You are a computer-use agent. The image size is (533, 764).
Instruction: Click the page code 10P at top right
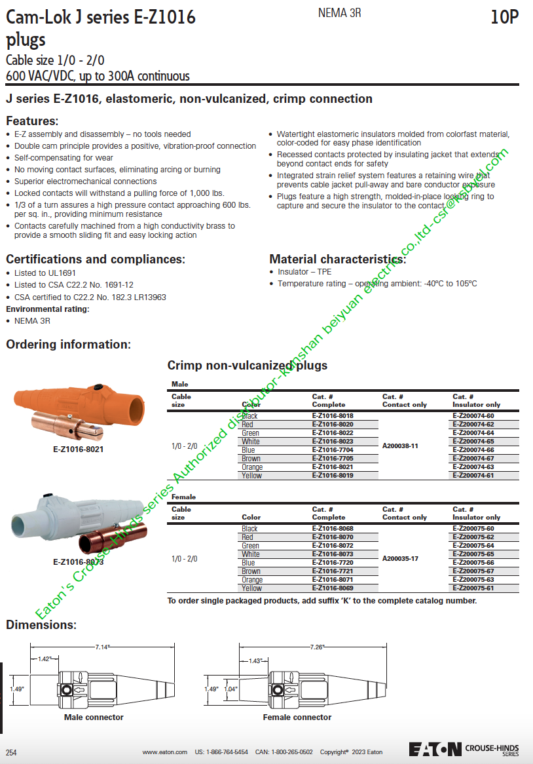pyautogui.click(x=504, y=18)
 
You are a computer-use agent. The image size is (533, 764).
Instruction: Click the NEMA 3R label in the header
pyautogui.click(x=339, y=12)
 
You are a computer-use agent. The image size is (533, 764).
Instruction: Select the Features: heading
pyautogui.click(x=32, y=121)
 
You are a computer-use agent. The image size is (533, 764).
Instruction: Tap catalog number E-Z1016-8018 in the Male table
pyautogui.click(x=333, y=416)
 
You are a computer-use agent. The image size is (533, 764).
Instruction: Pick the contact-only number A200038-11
pyautogui.click(x=400, y=446)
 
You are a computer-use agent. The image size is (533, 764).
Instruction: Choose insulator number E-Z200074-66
pyautogui.click(x=473, y=450)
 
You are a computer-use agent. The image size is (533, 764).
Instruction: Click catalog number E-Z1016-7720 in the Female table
pyautogui.click(x=333, y=563)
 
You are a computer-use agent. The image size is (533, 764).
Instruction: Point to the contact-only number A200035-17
pyautogui.click(x=400, y=558)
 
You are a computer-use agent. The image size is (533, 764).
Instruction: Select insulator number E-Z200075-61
pyautogui.click(x=473, y=588)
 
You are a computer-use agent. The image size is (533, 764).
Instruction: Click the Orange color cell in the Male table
pyautogui.click(x=252, y=467)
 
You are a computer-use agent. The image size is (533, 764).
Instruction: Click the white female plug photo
pyautogui.click(x=79, y=524)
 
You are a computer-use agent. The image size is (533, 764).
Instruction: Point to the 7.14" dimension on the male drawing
pyautogui.click(x=102, y=647)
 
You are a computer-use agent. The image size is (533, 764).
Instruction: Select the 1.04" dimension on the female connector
pyautogui.click(x=230, y=689)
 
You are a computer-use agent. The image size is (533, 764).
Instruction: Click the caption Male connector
pyautogui.click(x=94, y=717)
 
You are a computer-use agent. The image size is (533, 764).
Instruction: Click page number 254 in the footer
pyautogui.click(x=11, y=752)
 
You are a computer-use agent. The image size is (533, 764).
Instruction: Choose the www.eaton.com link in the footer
pyautogui.click(x=164, y=752)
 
